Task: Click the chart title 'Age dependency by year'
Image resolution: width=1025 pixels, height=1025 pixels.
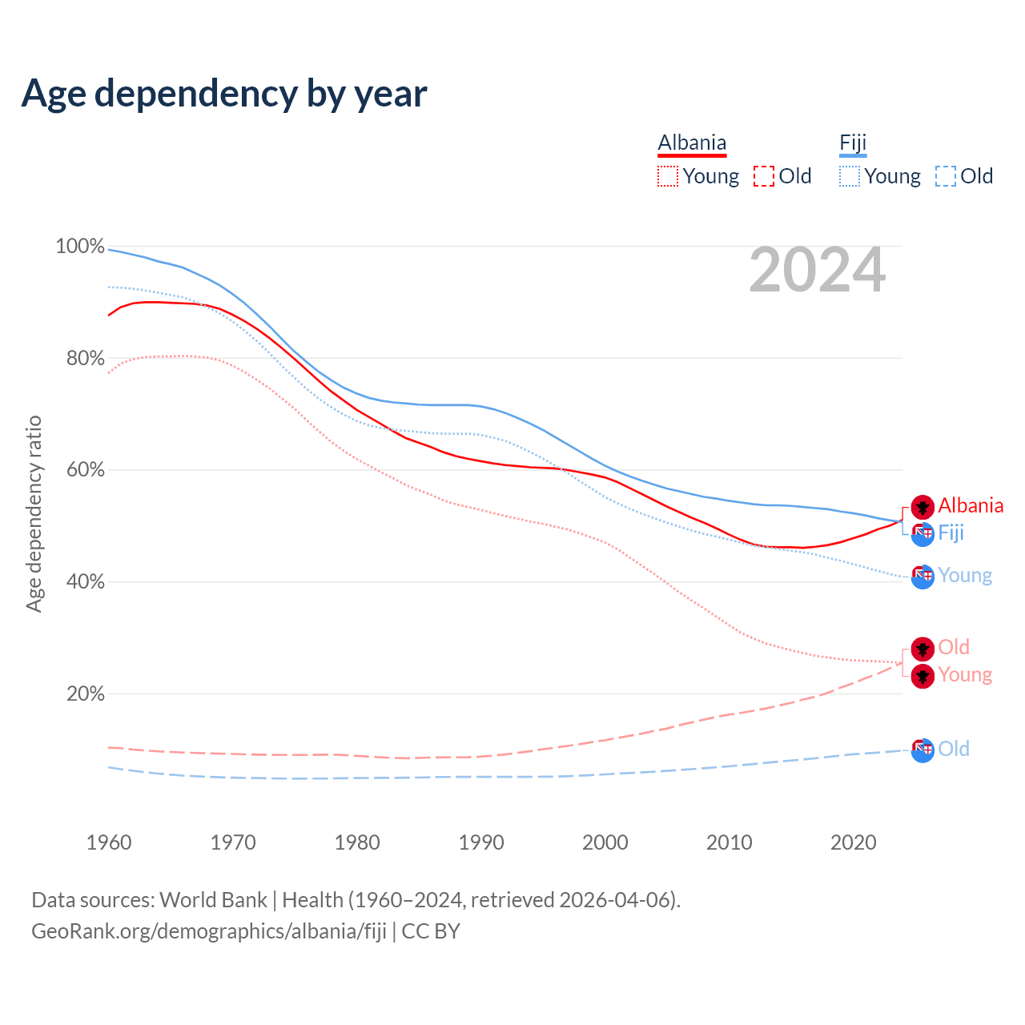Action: point(224,94)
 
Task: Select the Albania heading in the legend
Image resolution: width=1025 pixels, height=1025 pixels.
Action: point(692,143)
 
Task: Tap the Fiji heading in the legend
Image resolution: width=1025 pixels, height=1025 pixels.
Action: point(853,143)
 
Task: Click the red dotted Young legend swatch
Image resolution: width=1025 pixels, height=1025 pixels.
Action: point(668,176)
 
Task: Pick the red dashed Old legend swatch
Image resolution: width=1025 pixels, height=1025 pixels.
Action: point(764,176)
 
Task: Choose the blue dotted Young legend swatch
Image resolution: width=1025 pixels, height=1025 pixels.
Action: point(850,176)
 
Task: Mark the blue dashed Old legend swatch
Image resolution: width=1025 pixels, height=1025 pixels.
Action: point(946,176)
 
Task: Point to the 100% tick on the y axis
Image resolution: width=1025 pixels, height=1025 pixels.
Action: point(80,247)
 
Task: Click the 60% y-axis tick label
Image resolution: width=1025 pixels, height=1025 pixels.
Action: point(85,470)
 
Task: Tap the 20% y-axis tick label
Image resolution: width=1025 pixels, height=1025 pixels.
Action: point(85,693)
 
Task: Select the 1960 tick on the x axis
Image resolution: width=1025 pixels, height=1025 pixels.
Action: point(109,842)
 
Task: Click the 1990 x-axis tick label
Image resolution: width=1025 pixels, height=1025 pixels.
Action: point(481,842)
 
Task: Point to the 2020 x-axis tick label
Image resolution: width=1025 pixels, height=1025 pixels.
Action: point(854,842)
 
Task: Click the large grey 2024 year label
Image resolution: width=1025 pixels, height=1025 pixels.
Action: point(818,270)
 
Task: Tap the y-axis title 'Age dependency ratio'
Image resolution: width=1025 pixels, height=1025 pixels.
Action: point(34,513)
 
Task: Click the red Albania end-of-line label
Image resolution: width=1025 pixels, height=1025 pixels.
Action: point(971,505)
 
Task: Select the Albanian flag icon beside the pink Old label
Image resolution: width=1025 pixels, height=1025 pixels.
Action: point(922,648)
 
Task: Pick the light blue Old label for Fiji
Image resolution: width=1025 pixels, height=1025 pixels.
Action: point(954,749)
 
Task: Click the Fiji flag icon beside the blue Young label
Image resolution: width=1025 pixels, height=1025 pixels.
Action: point(922,576)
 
